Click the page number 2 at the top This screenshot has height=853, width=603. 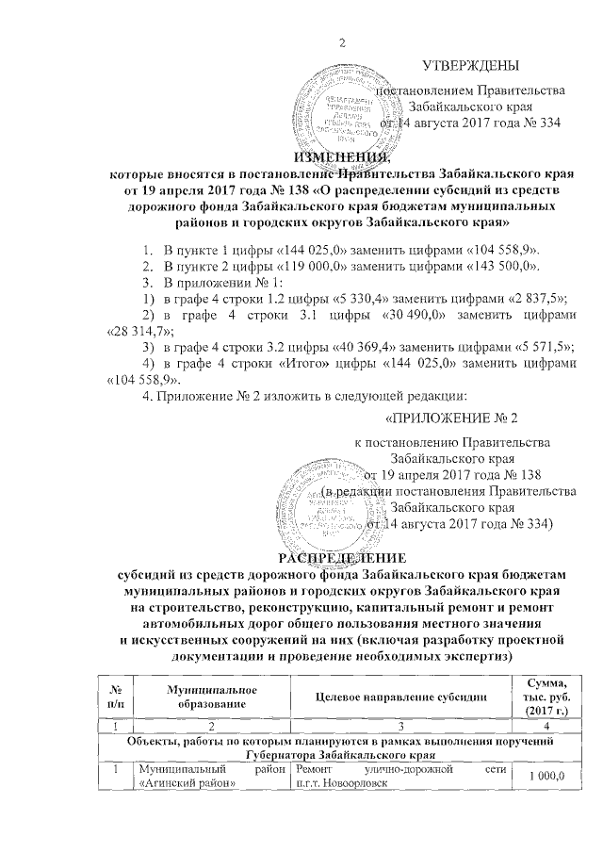(x=341, y=41)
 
